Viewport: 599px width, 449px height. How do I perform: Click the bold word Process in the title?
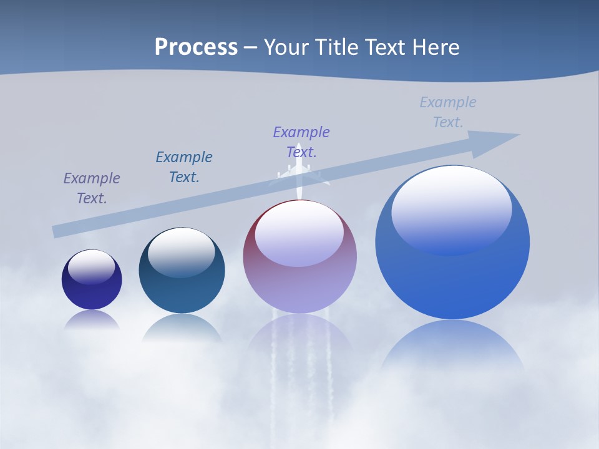point(196,47)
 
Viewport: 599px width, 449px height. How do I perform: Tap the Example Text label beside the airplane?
point(301,142)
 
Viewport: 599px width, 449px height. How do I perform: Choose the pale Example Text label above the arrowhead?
point(448,112)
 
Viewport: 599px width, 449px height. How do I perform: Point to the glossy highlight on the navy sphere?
point(92,267)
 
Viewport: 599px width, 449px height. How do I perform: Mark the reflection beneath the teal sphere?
point(182,327)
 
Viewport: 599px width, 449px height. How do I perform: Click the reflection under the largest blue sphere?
point(452,349)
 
